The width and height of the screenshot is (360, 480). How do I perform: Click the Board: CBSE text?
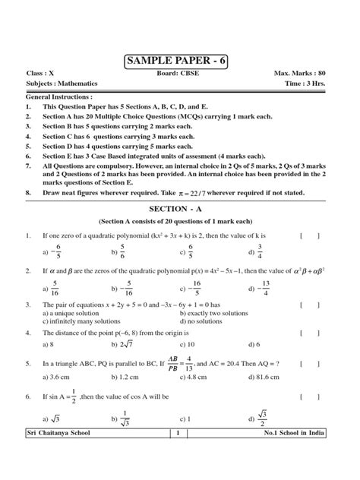[179, 74]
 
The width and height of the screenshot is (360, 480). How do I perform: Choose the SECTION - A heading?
[180, 207]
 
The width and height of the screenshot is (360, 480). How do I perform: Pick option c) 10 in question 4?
[185, 343]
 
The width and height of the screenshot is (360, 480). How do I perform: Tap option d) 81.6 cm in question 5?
[263, 377]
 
